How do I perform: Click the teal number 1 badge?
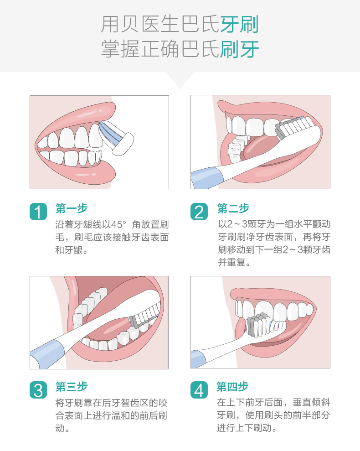click(x=38, y=212)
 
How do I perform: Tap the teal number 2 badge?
click(x=199, y=212)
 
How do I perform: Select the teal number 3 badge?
click(x=38, y=390)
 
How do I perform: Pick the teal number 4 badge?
click(x=199, y=390)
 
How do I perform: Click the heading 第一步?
click(x=72, y=208)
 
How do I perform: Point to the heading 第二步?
click(x=233, y=208)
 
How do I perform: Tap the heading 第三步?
click(x=72, y=387)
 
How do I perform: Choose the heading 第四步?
click(x=232, y=387)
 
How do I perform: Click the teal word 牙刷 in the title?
click(x=240, y=24)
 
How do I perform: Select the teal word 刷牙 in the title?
click(x=240, y=49)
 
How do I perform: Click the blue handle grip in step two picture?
click(x=206, y=178)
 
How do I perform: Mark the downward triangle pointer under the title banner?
click(x=180, y=80)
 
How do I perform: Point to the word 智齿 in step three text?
click(x=130, y=403)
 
